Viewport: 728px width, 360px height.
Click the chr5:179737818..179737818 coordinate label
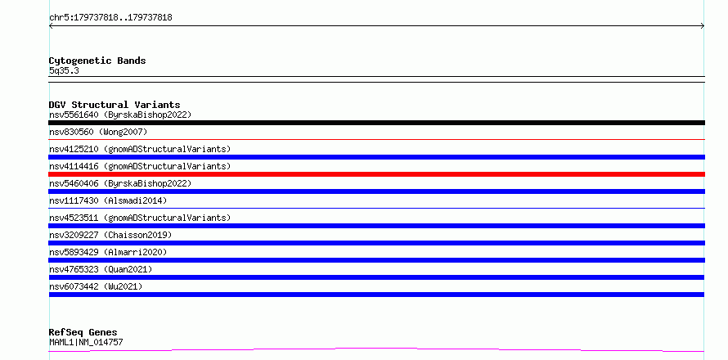coord(110,18)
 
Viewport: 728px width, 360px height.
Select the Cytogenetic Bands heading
coord(97,61)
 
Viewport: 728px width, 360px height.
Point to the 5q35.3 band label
coord(64,70)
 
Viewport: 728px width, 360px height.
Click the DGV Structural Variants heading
coord(115,105)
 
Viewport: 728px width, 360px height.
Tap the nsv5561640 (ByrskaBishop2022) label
coord(120,115)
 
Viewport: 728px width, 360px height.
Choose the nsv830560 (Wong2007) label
coord(98,132)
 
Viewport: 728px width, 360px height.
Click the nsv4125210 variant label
coord(140,149)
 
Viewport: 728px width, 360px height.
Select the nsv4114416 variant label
coord(140,166)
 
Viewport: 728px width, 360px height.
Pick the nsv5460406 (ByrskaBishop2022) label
coord(120,183)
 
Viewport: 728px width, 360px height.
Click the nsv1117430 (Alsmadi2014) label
coord(108,200)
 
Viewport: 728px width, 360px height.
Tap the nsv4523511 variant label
coord(140,218)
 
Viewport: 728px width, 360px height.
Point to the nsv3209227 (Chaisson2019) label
coord(110,235)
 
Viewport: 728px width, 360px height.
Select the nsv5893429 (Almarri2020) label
coord(108,252)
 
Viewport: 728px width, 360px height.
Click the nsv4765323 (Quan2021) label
coord(101,269)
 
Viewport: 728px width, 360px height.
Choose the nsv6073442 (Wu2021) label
coord(96,286)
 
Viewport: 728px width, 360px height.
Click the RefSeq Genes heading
coord(83,332)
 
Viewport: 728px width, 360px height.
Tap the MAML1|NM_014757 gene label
coord(86,342)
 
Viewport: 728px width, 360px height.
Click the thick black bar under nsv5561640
coord(376,123)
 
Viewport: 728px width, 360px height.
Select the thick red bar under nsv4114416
coord(376,174)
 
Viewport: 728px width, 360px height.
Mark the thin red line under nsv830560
coord(376,139)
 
